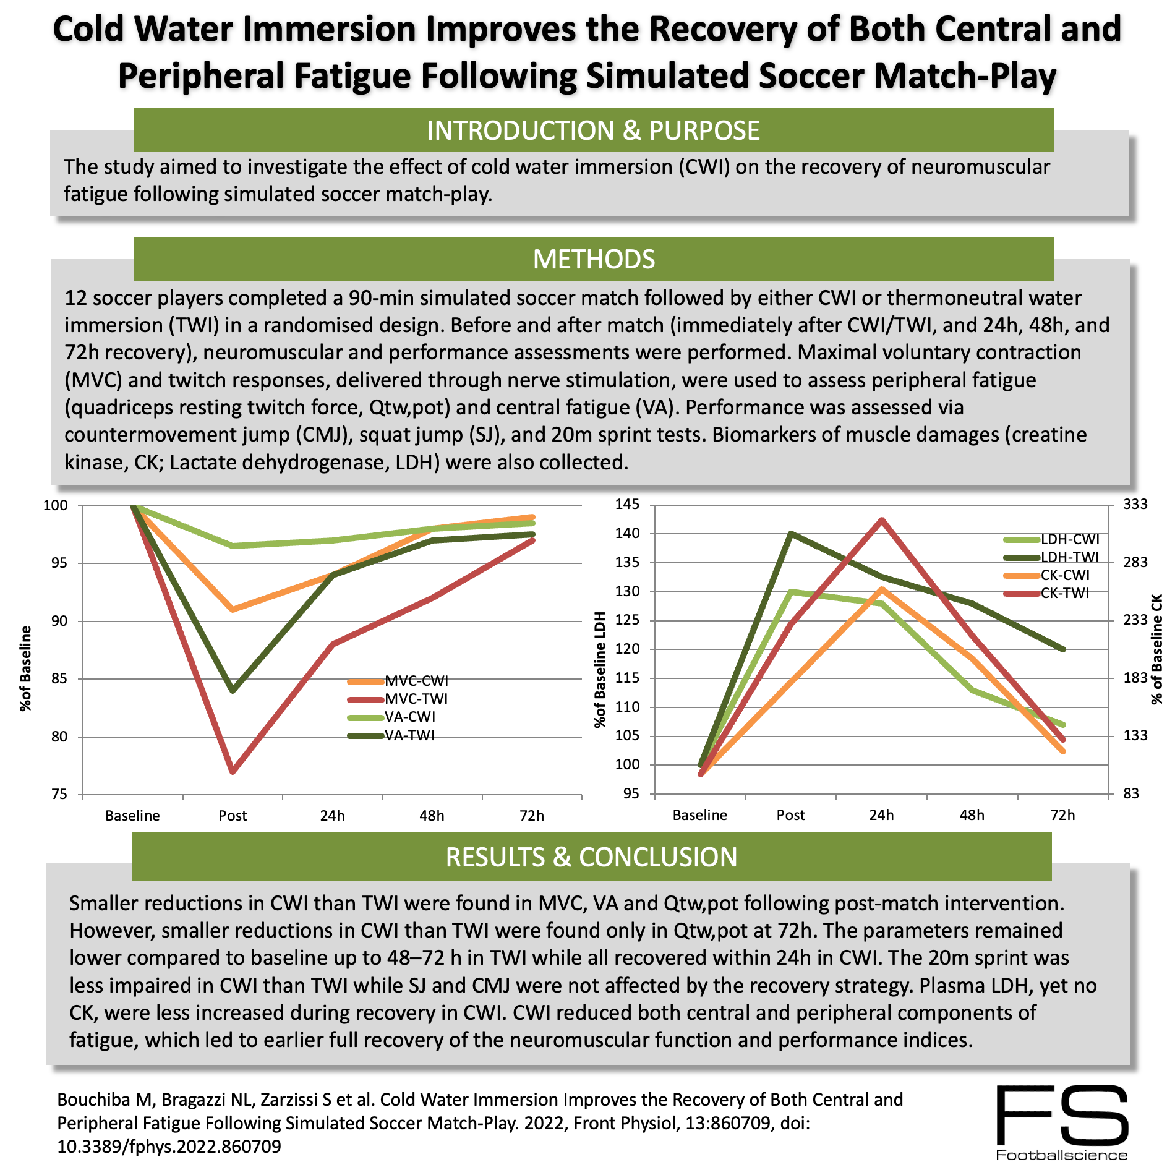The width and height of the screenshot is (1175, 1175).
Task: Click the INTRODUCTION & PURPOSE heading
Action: (x=593, y=130)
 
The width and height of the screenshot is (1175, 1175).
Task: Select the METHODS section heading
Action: (x=593, y=259)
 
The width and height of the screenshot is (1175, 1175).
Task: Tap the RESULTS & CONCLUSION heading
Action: (x=591, y=857)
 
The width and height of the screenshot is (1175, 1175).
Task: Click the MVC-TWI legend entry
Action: (x=416, y=699)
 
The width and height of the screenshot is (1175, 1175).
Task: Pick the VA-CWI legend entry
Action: (x=409, y=717)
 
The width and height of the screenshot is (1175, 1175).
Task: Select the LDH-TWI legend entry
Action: (x=1069, y=557)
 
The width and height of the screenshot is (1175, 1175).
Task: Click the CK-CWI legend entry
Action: (x=1064, y=575)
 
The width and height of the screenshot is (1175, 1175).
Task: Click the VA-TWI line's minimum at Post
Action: (x=233, y=690)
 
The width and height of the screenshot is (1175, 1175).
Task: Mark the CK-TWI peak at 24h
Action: (x=882, y=520)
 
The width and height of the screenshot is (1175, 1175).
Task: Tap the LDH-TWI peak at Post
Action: (x=791, y=533)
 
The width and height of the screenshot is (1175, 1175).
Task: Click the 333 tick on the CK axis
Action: (x=1135, y=505)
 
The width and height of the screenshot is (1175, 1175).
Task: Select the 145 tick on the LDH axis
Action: (x=627, y=505)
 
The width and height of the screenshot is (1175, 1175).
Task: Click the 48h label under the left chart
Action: (x=432, y=816)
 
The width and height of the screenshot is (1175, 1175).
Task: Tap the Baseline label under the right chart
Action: (x=699, y=815)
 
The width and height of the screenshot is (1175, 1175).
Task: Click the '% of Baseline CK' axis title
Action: (x=1156, y=649)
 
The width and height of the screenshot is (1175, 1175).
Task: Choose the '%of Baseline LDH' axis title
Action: (x=599, y=670)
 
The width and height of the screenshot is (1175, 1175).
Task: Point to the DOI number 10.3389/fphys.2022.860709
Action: (x=169, y=1147)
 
